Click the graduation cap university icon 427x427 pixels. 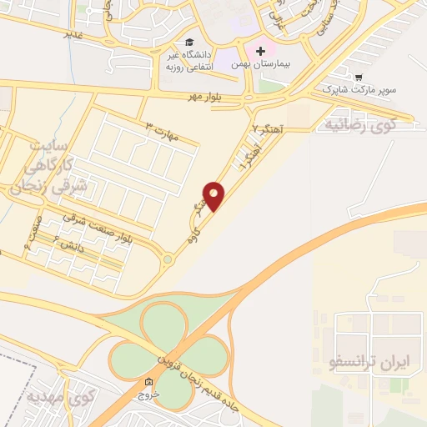(190, 42)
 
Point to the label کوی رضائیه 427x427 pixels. (358, 125)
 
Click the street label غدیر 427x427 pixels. (74, 35)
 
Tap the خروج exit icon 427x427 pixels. (148, 383)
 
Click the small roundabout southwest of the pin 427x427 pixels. (168, 260)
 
